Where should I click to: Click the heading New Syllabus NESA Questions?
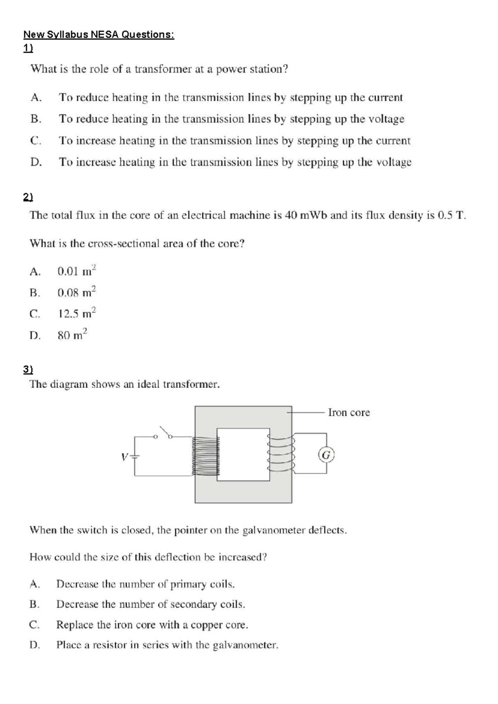point(99,34)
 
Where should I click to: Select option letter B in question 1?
point(36,119)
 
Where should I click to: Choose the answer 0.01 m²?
point(77,271)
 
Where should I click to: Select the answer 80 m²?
point(73,335)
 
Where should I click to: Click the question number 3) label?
point(28,369)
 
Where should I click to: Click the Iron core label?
point(349,412)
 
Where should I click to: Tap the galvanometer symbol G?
point(326,455)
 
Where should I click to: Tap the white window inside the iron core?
point(243,454)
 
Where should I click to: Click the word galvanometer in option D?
point(245,645)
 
